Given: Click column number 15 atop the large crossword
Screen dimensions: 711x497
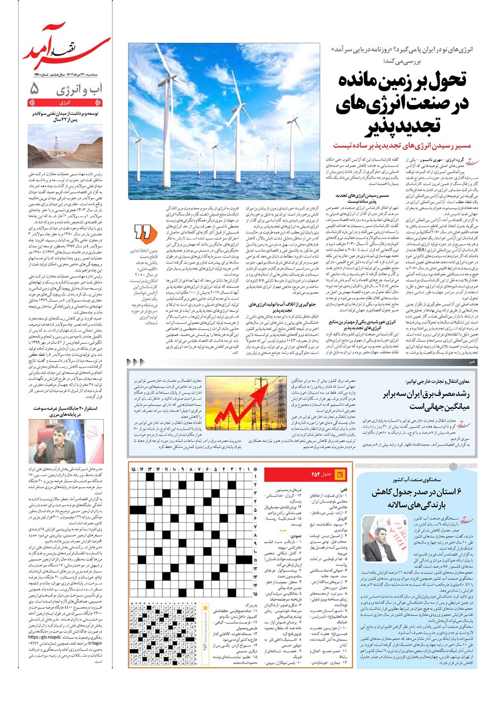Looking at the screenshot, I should coord(134,469).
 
